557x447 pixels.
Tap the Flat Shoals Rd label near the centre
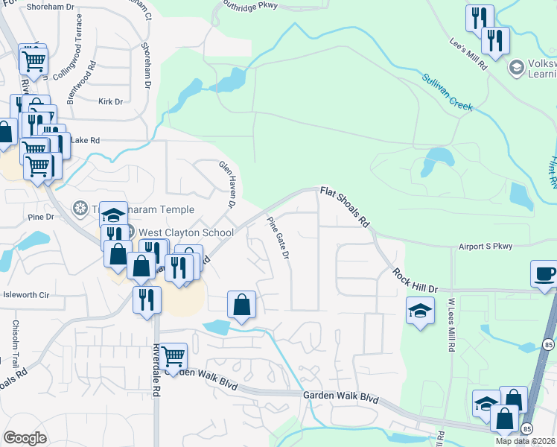tap(346, 206)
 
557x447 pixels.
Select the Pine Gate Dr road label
tap(278, 237)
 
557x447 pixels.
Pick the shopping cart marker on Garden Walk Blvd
tap(173, 355)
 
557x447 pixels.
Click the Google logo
tap(25, 437)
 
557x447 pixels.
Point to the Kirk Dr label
tap(110, 101)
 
